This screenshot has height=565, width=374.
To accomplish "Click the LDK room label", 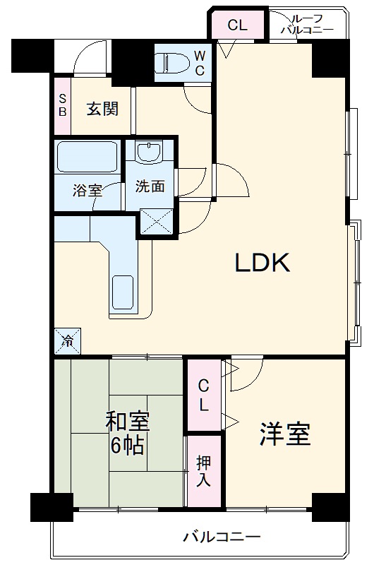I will (263, 264).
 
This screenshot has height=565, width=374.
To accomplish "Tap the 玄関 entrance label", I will (102, 109).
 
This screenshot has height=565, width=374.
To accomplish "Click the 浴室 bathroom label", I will (88, 190).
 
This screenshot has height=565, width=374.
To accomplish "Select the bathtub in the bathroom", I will (88, 156).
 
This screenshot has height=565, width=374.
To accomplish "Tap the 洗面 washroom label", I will (150, 186).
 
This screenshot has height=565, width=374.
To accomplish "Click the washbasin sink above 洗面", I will (149, 151).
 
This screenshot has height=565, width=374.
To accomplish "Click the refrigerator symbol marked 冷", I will (68, 342).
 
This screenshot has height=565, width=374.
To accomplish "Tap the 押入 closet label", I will (203, 471).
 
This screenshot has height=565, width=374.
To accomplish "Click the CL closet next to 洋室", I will (203, 395).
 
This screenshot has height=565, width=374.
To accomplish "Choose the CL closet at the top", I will (237, 25).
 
